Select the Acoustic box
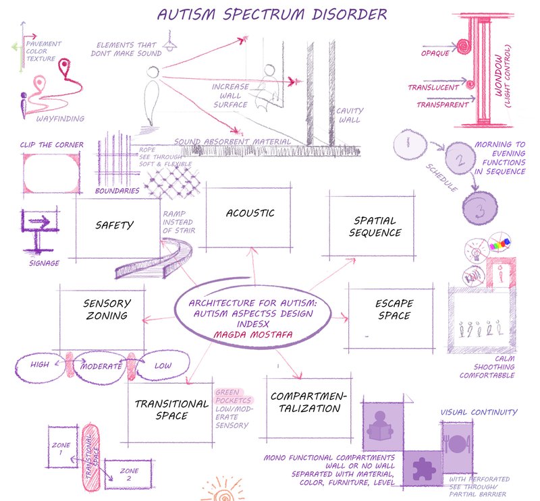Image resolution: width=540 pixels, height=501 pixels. coord(250,214)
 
